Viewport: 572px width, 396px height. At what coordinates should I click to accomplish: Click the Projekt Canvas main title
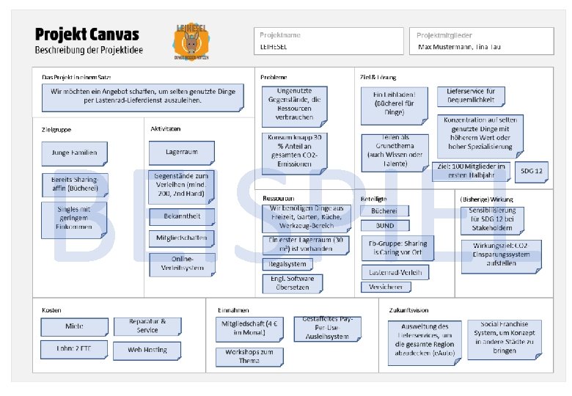pos(87,34)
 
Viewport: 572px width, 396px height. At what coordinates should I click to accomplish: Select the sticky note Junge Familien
pos(74,153)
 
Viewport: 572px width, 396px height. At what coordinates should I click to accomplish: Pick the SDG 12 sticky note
pos(532,172)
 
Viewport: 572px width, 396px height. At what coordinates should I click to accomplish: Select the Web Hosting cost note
pos(147,350)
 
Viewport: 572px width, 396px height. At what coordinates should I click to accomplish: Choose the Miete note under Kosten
pos(74,326)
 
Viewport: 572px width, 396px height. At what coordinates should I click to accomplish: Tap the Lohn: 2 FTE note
pos(74,350)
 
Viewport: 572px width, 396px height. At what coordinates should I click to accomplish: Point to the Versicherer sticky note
pos(385,287)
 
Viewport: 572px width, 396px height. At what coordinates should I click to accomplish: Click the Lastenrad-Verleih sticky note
pos(395,272)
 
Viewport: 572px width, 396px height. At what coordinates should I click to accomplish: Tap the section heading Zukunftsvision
pos(409,309)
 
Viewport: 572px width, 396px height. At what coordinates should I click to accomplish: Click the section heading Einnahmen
pos(228,309)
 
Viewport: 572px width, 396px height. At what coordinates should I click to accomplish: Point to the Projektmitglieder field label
pos(444,35)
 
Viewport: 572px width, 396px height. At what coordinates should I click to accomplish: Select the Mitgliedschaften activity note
pos(182,238)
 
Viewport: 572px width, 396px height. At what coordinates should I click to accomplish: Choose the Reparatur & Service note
pos(147,326)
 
